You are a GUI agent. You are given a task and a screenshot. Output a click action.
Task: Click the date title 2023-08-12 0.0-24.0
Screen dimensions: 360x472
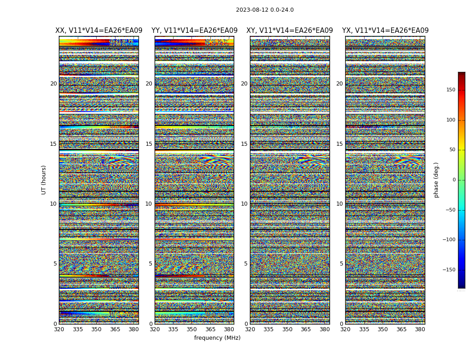(x=265, y=10)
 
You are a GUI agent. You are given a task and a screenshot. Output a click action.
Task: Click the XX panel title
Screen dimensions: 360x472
(x=99, y=31)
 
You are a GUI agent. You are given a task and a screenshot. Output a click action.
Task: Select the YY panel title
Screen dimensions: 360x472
(x=194, y=31)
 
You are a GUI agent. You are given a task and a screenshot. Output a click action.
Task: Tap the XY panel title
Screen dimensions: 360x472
(x=289, y=31)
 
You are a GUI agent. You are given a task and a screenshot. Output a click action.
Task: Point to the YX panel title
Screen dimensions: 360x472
(x=385, y=31)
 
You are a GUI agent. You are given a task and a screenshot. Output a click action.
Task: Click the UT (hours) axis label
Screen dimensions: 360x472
(x=44, y=180)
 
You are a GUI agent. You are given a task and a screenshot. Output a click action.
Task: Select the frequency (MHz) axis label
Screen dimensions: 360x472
(x=217, y=338)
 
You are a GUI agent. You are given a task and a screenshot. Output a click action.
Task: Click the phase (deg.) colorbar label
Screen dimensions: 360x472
(x=436, y=180)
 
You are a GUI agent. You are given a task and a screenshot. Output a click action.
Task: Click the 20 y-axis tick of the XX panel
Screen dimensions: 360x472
(x=53, y=84)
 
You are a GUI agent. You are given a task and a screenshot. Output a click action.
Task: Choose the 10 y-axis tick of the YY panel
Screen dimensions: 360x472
(x=149, y=204)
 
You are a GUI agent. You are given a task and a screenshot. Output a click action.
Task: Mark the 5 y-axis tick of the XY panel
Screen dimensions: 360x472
(x=245, y=264)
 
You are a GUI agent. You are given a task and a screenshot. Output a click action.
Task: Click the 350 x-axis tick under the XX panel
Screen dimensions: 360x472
(x=96, y=329)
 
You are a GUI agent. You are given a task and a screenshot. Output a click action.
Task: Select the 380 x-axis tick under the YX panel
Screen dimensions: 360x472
(x=420, y=329)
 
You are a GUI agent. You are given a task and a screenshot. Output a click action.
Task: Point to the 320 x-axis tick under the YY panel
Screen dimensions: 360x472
(x=155, y=329)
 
